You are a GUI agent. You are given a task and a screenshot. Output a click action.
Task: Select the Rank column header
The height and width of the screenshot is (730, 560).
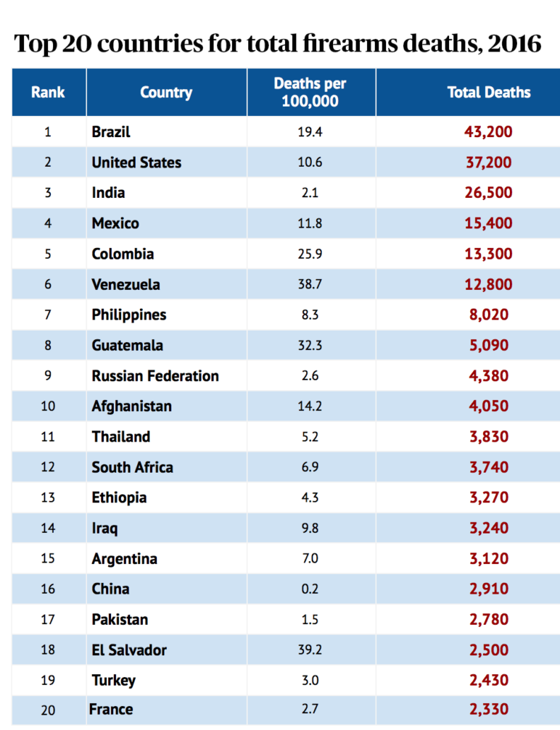coord(48,92)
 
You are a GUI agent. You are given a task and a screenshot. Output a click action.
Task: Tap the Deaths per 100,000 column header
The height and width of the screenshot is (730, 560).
coord(310,92)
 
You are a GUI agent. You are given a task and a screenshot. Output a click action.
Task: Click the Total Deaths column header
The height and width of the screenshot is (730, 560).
coord(488,92)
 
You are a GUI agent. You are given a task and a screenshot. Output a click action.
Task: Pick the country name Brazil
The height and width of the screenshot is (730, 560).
coord(111,132)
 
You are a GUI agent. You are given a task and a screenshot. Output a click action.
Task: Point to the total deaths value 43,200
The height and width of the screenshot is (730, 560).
coord(488,132)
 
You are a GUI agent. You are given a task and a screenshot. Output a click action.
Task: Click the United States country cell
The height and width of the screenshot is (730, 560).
coord(136,162)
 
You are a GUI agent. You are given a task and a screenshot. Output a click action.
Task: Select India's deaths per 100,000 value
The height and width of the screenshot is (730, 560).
coord(310,193)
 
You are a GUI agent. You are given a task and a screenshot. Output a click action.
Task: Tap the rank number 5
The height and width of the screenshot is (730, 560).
coord(48,254)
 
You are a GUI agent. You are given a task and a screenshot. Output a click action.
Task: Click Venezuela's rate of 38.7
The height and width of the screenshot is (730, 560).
coord(310,284)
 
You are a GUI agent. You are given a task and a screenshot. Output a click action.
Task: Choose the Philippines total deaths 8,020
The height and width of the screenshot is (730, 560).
coord(488,315)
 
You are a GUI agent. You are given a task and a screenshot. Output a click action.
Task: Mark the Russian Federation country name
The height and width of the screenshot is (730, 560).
coord(155,376)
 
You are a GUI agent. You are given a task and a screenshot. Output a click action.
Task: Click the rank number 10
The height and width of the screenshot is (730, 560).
coord(48,406)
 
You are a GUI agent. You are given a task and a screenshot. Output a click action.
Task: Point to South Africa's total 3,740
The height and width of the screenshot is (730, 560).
coord(488,467)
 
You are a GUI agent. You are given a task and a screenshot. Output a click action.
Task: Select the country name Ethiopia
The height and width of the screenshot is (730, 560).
coord(119,497)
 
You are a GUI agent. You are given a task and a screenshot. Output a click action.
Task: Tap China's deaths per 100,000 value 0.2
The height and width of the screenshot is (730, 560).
coord(310,589)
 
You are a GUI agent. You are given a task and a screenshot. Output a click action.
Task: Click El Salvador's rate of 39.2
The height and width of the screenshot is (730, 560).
coord(310,650)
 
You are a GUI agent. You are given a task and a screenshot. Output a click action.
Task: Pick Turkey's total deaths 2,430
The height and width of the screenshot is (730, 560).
coord(488,680)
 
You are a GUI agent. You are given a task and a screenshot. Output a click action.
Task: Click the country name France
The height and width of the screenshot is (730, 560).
coord(111,709)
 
